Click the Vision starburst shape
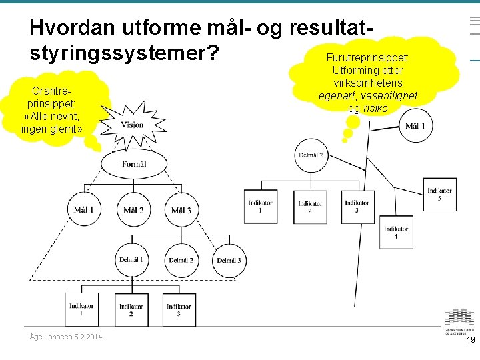tap(132, 125)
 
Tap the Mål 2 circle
tap(133, 210)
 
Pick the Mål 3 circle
tap(181, 210)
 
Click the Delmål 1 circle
tap(131, 260)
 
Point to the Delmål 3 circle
tap(229, 260)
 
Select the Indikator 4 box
tap(396, 232)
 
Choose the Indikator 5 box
tap(439, 194)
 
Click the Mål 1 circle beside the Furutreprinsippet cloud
tap(415, 126)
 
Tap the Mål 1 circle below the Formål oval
tap(84, 210)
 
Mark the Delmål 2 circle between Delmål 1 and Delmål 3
tap(181, 260)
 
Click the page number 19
tap(471, 340)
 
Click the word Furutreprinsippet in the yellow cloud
tap(367, 58)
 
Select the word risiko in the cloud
tap(375, 108)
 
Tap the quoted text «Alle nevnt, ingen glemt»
tap(51, 123)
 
